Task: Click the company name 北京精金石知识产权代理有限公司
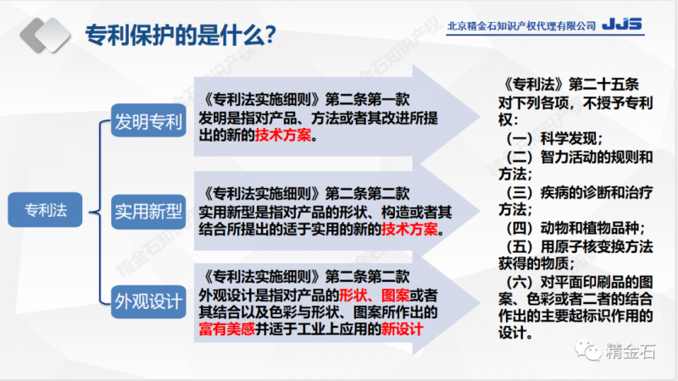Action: coord(521,26)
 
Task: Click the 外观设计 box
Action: coord(149,298)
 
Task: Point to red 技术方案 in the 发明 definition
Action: coord(283,135)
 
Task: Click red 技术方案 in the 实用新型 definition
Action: coord(411,229)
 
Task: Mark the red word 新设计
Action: coord(402,329)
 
